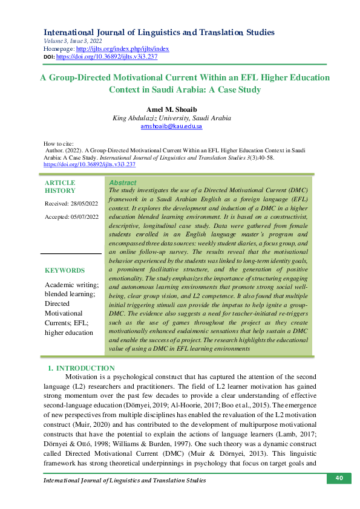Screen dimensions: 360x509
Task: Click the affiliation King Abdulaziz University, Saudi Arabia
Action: point(171,118)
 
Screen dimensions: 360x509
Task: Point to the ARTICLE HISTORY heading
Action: point(61,186)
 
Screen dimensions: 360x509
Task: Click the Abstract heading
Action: point(122,183)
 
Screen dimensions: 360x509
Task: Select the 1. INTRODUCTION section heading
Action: point(81,368)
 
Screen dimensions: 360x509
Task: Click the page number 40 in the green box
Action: point(339,478)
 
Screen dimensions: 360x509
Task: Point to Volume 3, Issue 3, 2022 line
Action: point(73,41)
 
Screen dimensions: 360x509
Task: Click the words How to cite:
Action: point(59,143)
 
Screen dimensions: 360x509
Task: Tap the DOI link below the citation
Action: point(90,164)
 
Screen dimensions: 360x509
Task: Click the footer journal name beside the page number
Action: point(125,480)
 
